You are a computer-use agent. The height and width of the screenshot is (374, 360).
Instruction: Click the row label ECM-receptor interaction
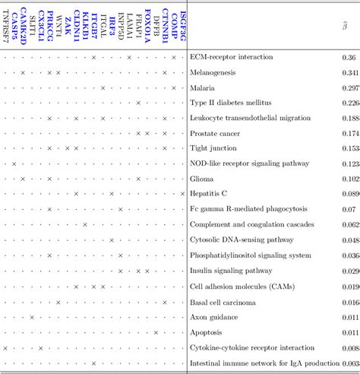[229, 58]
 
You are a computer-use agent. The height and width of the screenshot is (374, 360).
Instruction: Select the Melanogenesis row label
[213, 73]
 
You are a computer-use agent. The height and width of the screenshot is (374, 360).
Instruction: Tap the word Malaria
[203, 88]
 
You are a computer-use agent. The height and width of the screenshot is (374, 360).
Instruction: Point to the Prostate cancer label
[216, 134]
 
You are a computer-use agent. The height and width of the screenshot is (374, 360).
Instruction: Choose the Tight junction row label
[215, 149]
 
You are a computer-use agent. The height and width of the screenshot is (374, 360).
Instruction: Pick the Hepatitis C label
[209, 194]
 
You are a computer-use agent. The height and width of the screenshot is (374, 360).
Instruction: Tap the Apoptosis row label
[207, 332]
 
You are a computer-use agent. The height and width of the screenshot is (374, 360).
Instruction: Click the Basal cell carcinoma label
[223, 302]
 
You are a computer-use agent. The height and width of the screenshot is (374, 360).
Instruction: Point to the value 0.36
[349, 58]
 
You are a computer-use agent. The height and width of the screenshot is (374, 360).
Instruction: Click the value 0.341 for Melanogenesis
[350, 73]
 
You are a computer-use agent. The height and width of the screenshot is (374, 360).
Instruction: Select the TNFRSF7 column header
[5, 27]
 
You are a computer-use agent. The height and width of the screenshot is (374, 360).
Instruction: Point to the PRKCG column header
[49, 27]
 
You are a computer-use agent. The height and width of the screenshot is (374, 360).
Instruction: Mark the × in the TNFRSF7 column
[5, 347]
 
